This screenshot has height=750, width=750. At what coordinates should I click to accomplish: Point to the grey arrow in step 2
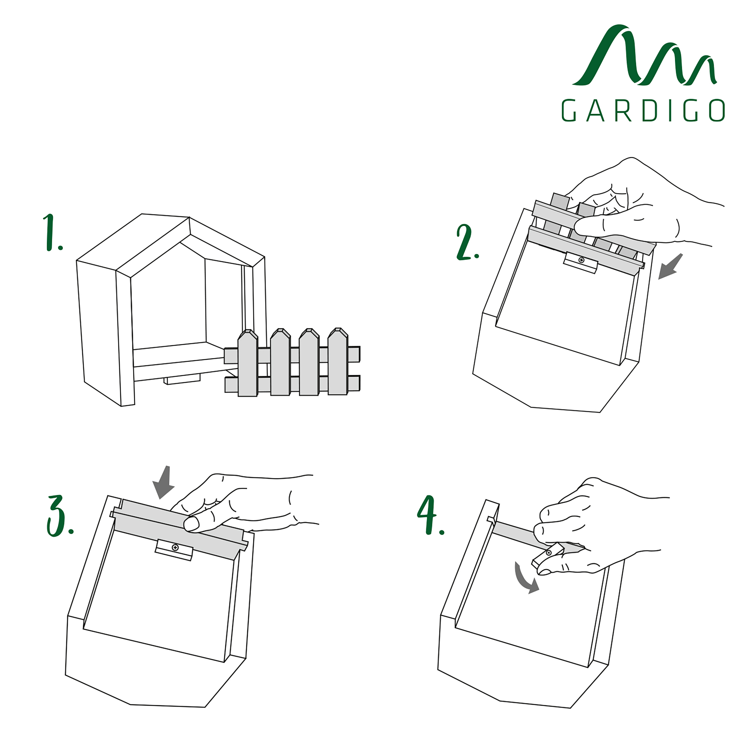point(670,267)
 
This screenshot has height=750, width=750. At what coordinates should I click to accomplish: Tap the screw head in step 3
point(175,548)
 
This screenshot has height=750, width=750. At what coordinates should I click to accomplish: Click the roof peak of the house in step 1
point(189,217)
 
